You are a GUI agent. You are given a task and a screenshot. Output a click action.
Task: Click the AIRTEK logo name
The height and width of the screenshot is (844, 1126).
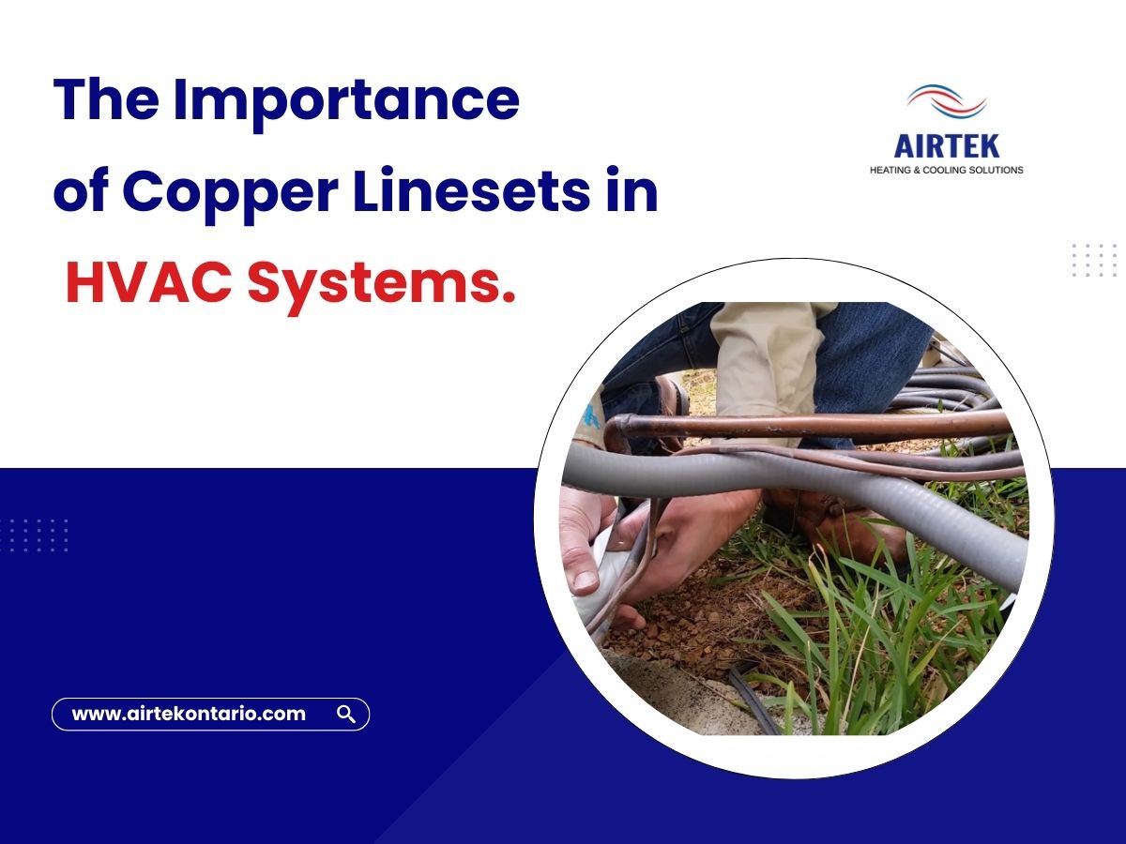[947, 145]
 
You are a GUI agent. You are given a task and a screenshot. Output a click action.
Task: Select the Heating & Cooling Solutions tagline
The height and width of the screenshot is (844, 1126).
[947, 170]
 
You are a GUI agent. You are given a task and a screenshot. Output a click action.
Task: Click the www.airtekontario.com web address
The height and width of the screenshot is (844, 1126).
[189, 714]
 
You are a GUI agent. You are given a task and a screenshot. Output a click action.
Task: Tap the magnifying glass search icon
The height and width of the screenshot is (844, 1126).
[345, 715]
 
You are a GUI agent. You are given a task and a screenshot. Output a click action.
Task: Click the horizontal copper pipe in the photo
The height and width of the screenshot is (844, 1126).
[807, 425]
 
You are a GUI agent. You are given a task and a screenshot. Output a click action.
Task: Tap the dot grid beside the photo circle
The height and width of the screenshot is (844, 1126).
[1093, 260]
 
